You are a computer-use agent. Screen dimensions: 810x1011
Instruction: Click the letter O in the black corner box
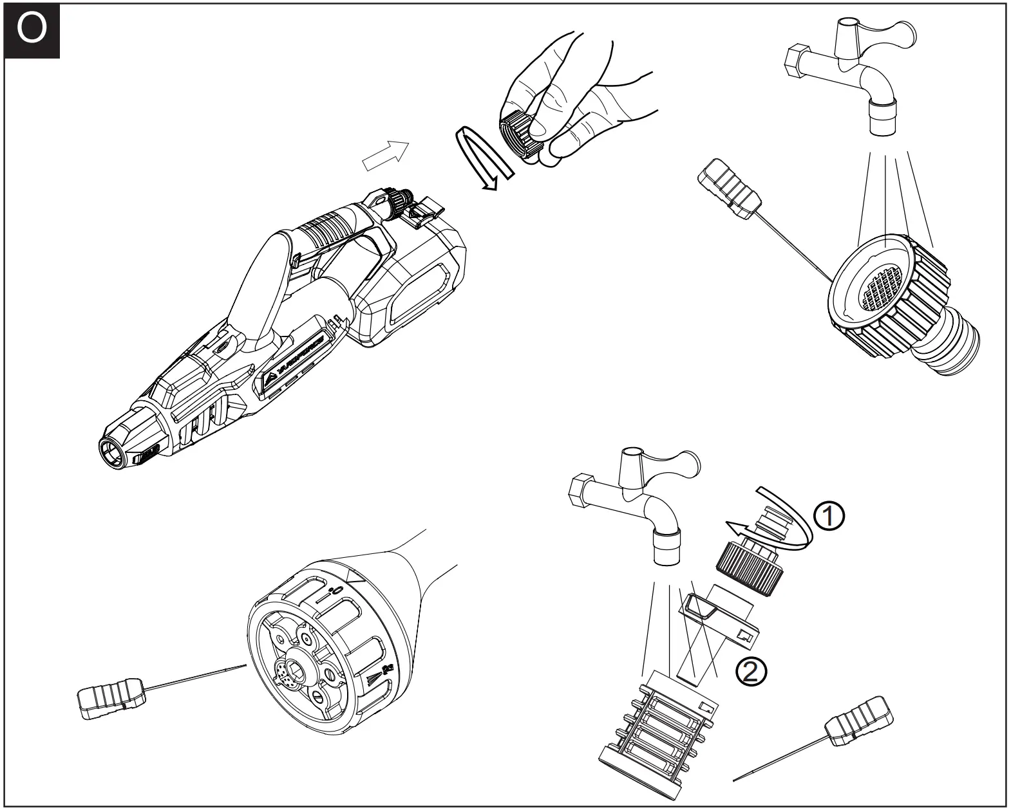click(32, 30)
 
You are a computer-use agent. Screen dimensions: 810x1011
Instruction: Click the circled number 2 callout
click(751, 672)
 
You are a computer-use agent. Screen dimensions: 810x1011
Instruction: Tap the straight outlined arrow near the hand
click(386, 156)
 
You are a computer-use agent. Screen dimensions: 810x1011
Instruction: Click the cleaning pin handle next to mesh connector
click(731, 187)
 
